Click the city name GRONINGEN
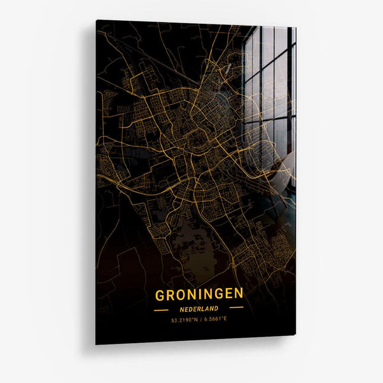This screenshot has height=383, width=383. pyautogui.click(x=199, y=294)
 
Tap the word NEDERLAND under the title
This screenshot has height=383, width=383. pyautogui.click(x=199, y=309)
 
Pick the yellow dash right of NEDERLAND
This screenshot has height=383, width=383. pyautogui.click(x=236, y=308)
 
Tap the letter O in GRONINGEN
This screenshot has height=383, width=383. pyautogui.click(x=181, y=295)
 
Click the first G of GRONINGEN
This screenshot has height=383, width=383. pyautogui.click(x=160, y=295)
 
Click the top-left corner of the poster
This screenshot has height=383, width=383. pyautogui.click(x=96, y=20)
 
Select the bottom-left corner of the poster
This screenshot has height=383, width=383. pyautogui.click(x=96, y=344)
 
